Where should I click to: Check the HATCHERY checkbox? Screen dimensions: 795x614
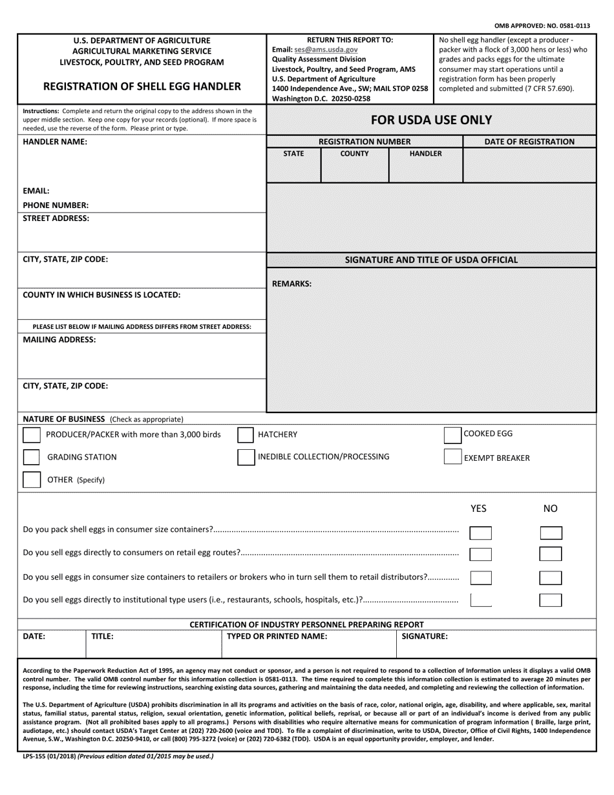[245, 435]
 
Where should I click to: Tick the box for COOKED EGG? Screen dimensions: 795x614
[452, 435]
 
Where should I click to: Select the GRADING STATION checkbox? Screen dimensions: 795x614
[31, 458]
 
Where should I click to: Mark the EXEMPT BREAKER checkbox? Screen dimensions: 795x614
[452, 457]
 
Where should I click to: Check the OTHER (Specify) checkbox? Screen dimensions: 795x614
[31, 480]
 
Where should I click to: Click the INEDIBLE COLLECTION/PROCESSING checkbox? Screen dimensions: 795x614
[245, 457]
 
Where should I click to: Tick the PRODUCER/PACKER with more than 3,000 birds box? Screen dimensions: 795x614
[31, 435]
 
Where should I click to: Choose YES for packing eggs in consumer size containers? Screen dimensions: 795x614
[480, 533]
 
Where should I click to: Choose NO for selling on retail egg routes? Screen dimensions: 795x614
[551, 554]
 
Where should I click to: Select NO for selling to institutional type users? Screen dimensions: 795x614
[551, 600]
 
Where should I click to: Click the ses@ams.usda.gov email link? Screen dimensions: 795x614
[325, 49]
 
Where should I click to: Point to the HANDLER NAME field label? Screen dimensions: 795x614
[55, 142]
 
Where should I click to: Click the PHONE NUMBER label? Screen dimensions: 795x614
[56, 205]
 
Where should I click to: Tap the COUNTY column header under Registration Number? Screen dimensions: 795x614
[354, 154]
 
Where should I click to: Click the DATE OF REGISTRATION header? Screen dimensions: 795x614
[529, 142]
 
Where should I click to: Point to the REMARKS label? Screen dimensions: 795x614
[291, 283]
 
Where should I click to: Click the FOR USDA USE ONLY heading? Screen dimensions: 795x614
[431, 120]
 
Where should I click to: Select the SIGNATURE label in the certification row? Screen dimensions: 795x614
[425, 636]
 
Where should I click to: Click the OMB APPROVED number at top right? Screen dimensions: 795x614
[542, 26]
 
